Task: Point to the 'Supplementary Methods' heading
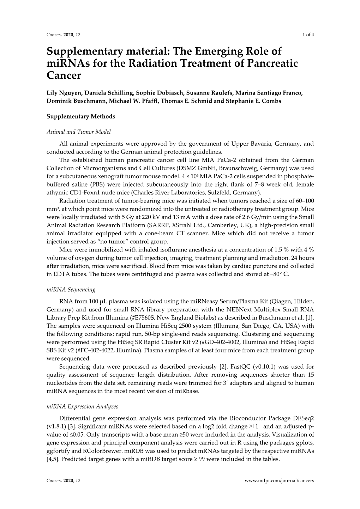click(x=81, y=116)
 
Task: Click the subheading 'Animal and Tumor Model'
click(x=79, y=132)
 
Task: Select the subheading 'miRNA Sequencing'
click(x=71, y=290)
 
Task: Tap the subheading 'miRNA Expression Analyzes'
click(x=82, y=406)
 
